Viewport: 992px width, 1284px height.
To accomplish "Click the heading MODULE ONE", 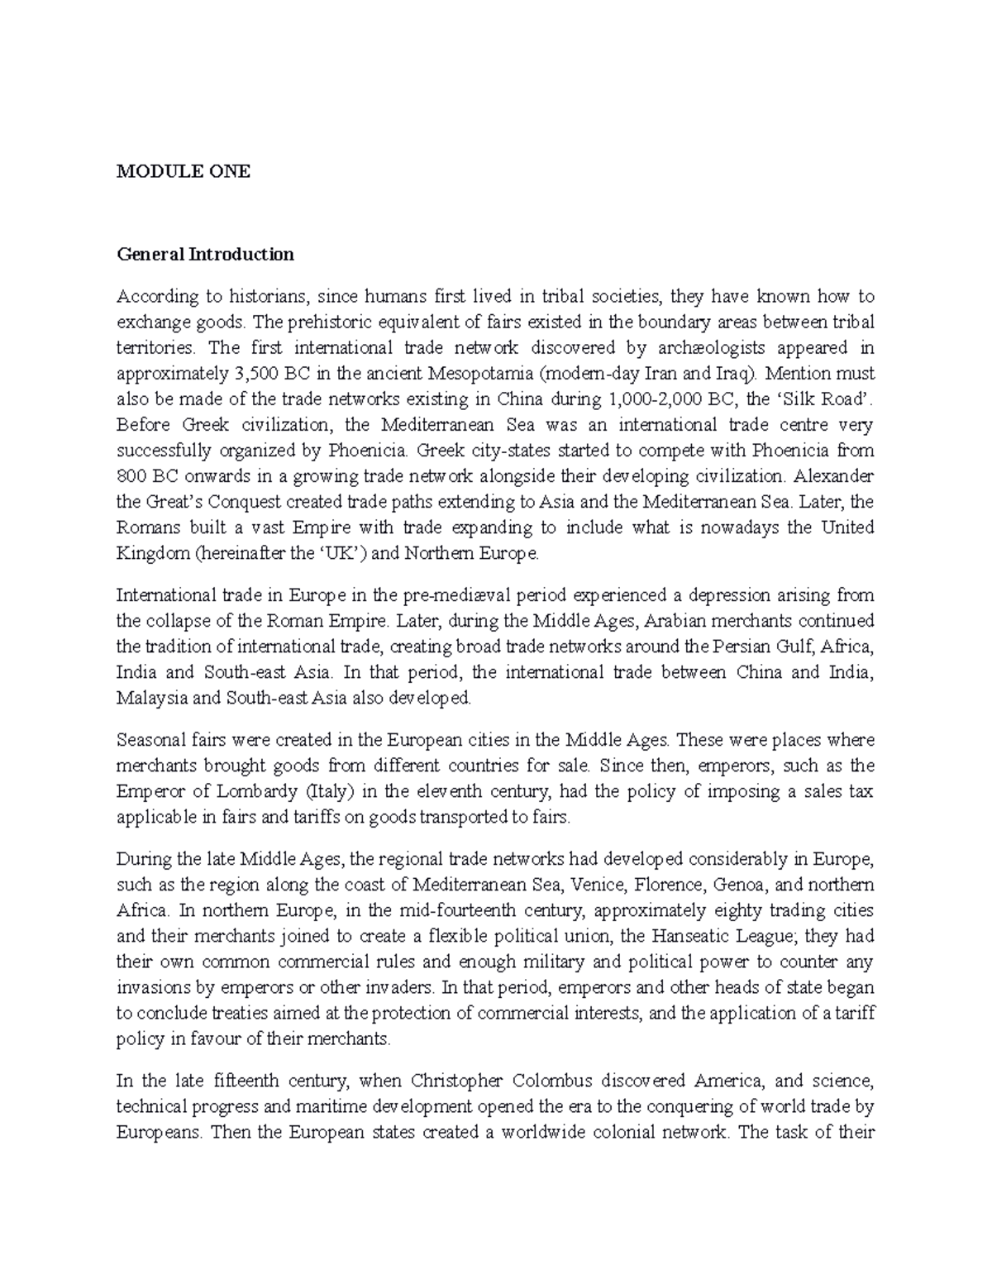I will [183, 172].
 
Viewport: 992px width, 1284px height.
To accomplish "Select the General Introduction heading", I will [205, 254].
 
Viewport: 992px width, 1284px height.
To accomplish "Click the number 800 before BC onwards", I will [131, 476].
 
